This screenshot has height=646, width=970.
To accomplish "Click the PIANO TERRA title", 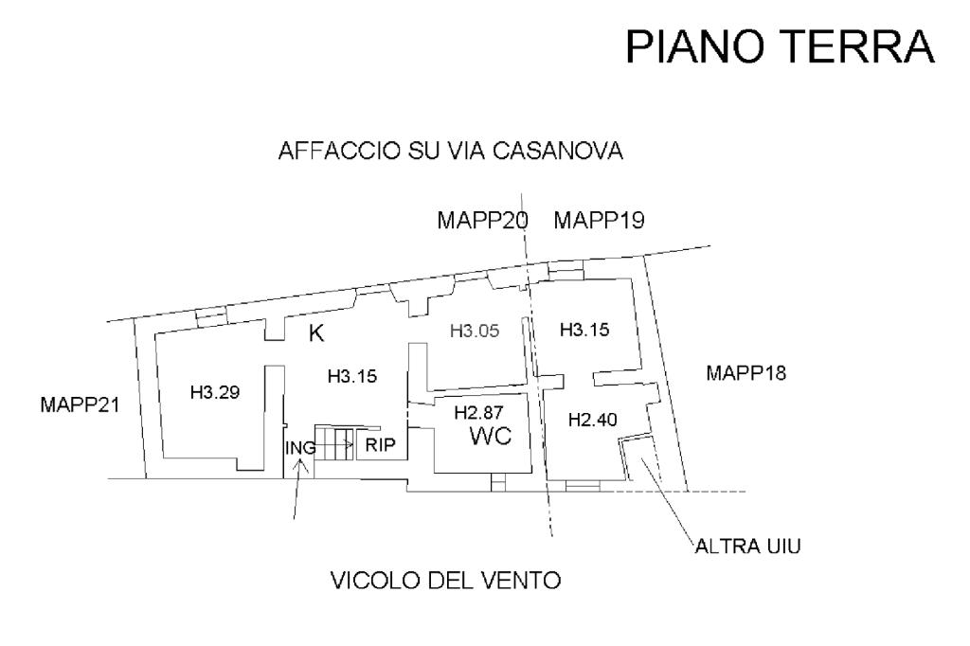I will coord(781,46).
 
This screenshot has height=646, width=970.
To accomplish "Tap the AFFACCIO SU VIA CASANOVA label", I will coord(450,152).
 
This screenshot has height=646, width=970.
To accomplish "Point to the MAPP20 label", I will coord(482,221).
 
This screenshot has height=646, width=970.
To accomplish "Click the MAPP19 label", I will coord(600,221).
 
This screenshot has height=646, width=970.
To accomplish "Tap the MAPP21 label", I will coord(79,405).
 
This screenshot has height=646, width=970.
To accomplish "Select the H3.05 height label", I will coord(474,331).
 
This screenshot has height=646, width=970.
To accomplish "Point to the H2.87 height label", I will coord(478,413).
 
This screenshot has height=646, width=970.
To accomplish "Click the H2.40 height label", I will coord(592,420).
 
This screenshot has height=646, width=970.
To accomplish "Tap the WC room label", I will coord(492,437).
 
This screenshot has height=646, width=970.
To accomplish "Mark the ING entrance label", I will coord(300,446).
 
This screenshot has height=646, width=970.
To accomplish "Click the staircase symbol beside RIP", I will coord(334,442).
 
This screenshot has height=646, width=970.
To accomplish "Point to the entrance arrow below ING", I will coord(298,488).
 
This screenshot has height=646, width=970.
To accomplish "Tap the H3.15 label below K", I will coord(352,376).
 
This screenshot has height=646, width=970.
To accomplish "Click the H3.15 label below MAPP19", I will coord(584,331).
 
